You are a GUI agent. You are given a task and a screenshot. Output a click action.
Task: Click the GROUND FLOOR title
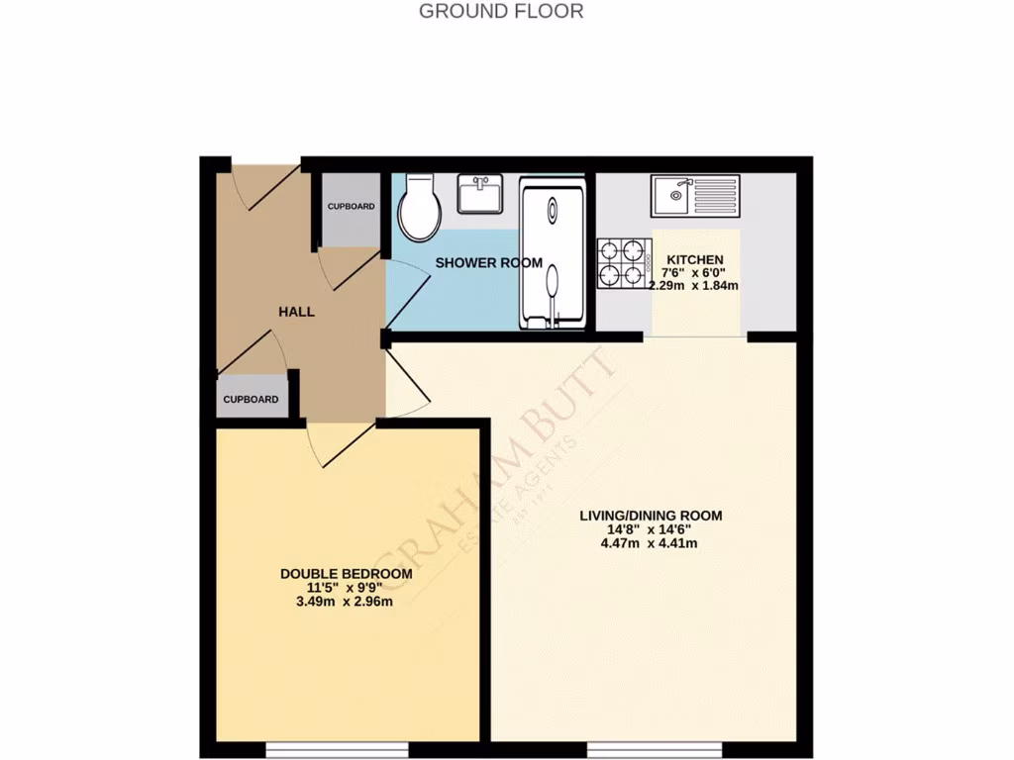coord(501,12)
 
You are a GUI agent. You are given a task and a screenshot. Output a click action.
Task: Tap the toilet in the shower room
coord(419,208)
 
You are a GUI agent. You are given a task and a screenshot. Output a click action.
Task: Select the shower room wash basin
coord(480,193)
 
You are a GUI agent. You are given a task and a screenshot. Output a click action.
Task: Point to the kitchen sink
coord(694,195)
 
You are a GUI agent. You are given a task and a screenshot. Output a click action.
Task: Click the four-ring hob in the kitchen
coord(623,262)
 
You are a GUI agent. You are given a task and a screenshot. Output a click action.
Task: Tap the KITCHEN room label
coord(694,259)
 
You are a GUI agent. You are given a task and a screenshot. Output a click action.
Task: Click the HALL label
coord(296,311)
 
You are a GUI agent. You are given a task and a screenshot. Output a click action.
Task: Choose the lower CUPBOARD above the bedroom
coord(251,398)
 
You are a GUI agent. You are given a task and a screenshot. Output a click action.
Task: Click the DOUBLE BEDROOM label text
coord(346,574)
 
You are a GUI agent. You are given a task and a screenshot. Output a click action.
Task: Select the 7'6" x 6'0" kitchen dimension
coord(694,272)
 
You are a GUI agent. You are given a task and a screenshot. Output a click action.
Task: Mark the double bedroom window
coord(337,749)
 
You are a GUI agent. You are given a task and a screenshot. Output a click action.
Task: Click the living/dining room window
coord(642,749)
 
